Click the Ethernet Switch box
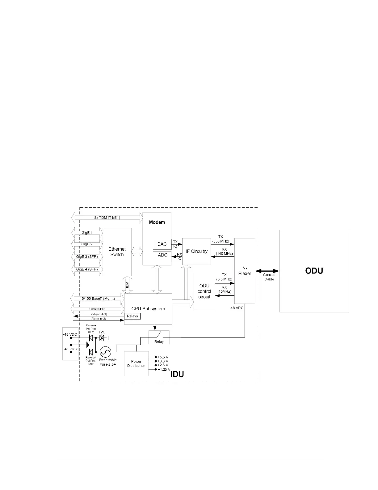(117, 252)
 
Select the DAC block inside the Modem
(162, 244)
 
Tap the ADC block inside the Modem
(162, 255)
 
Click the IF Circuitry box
(196, 251)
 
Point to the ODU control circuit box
(204, 291)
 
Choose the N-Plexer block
(245, 271)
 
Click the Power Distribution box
(136, 363)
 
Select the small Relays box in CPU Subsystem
(132, 316)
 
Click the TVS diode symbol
(101, 338)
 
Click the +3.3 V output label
(163, 361)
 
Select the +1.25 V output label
(164, 369)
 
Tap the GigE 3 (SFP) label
(87, 256)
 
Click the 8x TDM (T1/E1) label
(107, 217)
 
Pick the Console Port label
(97, 309)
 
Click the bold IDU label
(177, 374)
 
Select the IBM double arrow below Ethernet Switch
(128, 285)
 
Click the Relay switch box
(159, 337)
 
